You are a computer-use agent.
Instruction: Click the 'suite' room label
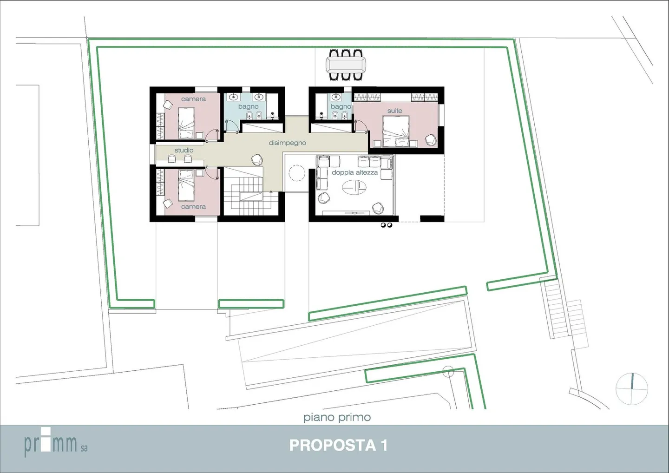coord(394,111)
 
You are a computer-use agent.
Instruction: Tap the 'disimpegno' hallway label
coord(287,143)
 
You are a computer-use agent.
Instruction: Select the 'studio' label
coord(184,150)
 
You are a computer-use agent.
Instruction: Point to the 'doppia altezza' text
coord(354,172)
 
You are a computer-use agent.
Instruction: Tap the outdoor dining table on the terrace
coord(346,65)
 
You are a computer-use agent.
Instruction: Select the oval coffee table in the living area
coord(354,187)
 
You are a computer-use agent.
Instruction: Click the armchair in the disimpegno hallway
coord(257,159)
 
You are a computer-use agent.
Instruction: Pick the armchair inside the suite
coord(431,139)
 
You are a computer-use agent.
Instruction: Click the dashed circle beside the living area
coord(296,173)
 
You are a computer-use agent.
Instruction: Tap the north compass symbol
coord(632,388)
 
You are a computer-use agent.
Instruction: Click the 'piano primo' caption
coord(337,417)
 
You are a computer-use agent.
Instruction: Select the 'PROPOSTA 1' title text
coord(338,445)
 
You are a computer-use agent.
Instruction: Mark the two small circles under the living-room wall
coord(386,225)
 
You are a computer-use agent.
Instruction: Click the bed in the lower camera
coord(186,184)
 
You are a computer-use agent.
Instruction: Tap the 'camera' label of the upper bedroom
coord(193,99)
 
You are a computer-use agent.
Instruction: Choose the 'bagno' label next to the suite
coord(341,106)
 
